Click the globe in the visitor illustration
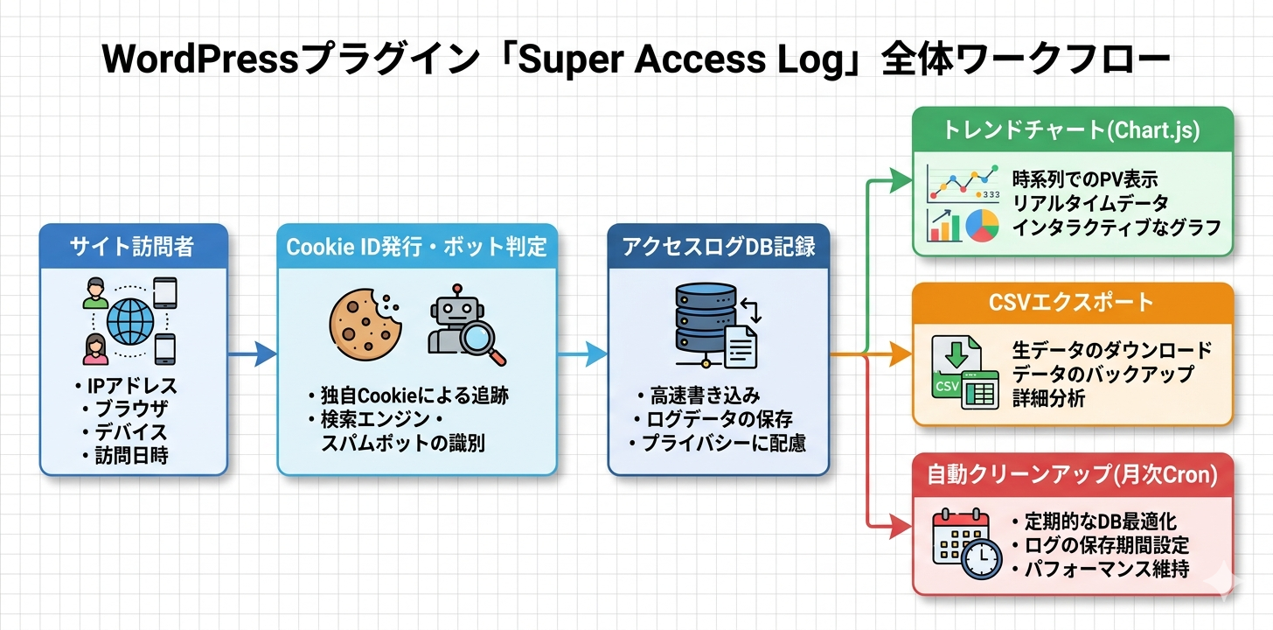click(130, 322)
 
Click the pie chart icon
click(981, 225)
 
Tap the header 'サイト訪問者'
click(134, 247)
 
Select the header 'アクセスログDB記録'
click(719, 247)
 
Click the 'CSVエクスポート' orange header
click(1073, 303)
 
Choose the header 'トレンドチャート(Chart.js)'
click(1072, 131)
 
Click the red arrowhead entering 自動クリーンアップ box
click(901, 526)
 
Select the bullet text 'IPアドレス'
click(130, 386)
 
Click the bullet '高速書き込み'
click(705, 395)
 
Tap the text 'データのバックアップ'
click(1103, 374)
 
